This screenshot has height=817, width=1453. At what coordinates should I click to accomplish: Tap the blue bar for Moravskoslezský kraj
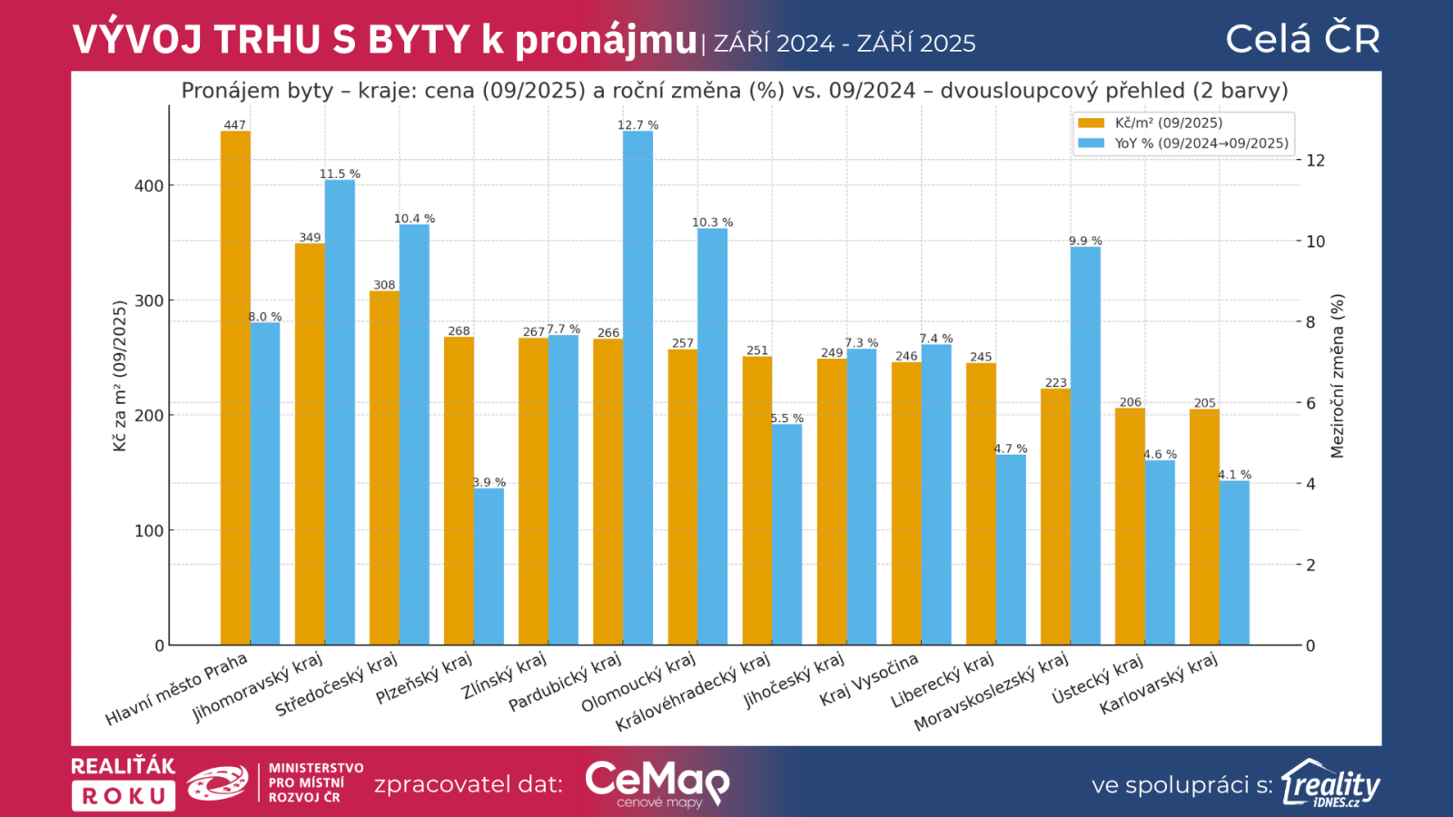1085,446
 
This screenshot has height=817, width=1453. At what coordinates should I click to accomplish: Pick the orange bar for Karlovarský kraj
1204,527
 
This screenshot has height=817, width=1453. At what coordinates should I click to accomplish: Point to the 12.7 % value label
638,125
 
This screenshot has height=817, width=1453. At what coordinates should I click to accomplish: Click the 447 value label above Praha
234,125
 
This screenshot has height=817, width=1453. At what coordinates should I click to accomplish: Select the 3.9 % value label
489,482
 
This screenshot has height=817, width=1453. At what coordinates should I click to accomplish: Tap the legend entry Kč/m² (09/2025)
1168,123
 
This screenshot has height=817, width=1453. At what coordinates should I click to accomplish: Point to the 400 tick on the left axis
149,186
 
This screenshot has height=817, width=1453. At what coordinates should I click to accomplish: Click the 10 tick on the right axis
1316,241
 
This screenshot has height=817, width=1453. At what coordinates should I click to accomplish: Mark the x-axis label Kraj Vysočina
869,680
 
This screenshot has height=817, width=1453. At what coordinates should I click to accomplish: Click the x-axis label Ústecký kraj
1097,679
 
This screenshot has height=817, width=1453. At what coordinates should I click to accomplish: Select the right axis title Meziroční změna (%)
1337,376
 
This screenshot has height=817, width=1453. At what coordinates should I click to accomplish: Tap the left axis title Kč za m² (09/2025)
120,376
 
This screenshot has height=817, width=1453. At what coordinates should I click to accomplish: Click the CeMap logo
657,783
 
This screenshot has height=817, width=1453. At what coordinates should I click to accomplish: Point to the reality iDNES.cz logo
1330,783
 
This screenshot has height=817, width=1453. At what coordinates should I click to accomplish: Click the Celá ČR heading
1302,39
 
